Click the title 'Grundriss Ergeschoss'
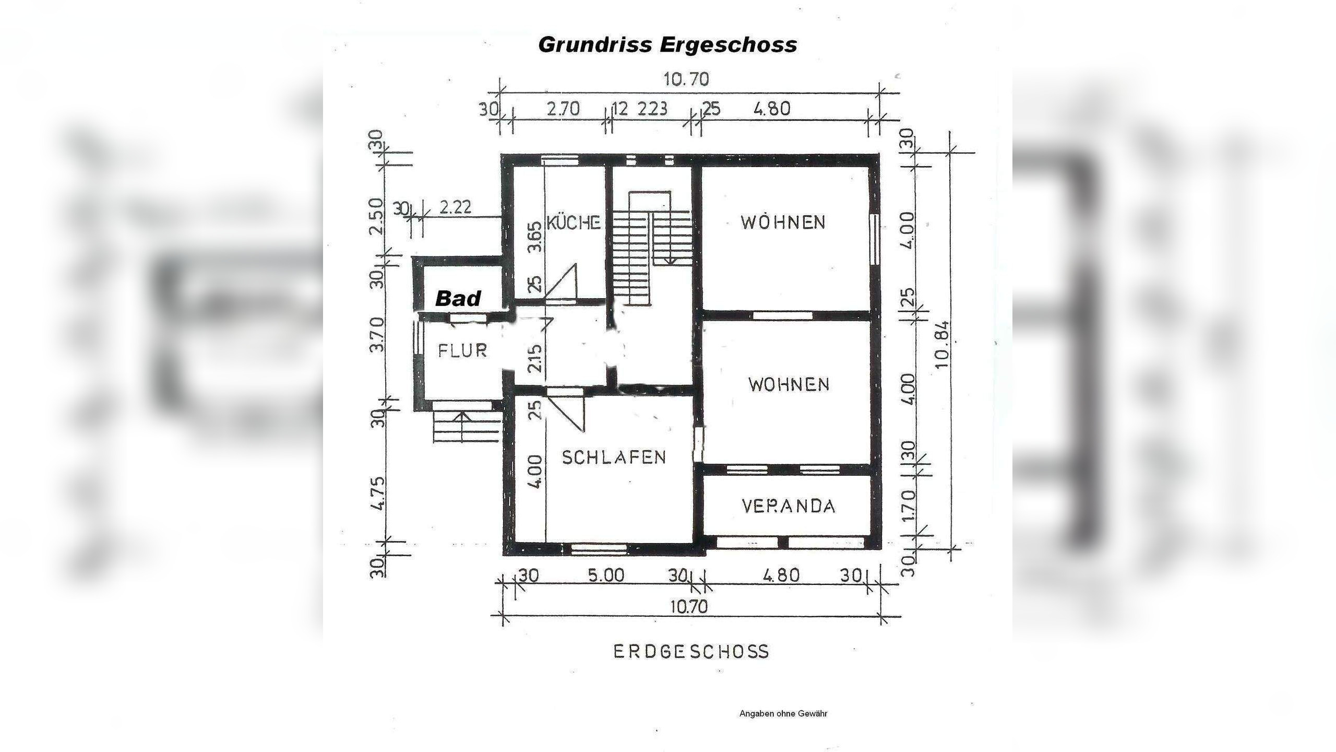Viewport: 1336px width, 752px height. click(x=667, y=45)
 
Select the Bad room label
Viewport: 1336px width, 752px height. click(x=458, y=299)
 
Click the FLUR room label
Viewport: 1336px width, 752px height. click(x=462, y=350)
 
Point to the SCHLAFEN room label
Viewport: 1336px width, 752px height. click(x=614, y=457)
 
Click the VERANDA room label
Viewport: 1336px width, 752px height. click(x=789, y=506)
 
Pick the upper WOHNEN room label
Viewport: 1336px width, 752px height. click(x=783, y=222)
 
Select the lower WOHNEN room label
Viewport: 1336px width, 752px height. click(x=789, y=385)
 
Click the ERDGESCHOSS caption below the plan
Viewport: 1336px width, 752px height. click(x=691, y=652)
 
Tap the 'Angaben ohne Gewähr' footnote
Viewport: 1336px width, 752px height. click(x=783, y=713)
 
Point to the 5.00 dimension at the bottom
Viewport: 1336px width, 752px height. click(x=606, y=575)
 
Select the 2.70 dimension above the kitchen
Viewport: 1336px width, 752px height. click(x=563, y=109)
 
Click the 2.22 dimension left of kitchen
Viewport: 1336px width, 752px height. click(x=456, y=207)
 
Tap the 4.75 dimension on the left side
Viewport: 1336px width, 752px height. click(x=378, y=492)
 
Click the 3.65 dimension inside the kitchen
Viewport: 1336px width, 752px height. click(x=535, y=238)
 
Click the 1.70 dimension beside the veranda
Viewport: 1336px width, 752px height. click(x=909, y=505)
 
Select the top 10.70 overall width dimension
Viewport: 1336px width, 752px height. click(x=686, y=80)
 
